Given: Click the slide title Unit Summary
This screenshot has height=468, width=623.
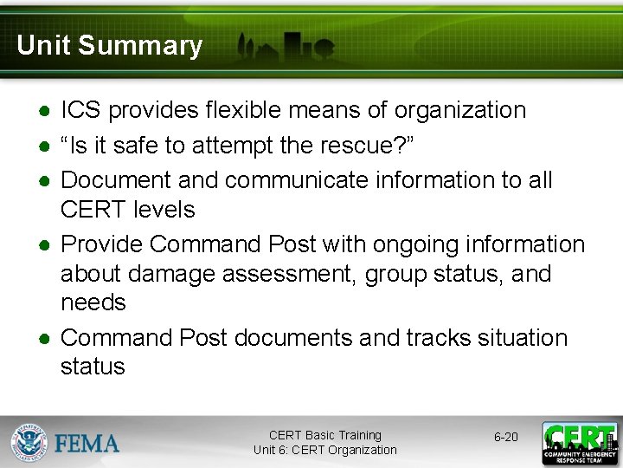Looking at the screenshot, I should pyautogui.click(x=109, y=45).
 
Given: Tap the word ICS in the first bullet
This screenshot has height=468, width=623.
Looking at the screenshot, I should pyautogui.click(x=80, y=110).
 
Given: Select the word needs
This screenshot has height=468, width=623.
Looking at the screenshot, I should pyautogui.click(x=93, y=302).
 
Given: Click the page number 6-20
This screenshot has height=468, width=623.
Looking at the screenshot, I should pyautogui.click(x=506, y=437).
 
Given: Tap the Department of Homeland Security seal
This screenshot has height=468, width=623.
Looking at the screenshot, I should pyautogui.click(x=29, y=442).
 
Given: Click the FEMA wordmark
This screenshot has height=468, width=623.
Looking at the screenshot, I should pyautogui.click(x=87, y=444).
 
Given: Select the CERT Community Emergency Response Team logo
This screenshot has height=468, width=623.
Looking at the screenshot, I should pyautogui.click(x=579, y=442).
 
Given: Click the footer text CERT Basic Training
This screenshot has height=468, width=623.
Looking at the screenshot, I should pyautogui.click(x=324, y=435).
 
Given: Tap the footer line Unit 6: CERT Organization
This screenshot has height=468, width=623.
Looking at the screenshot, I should pyautogui.click(x=324, y=450).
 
